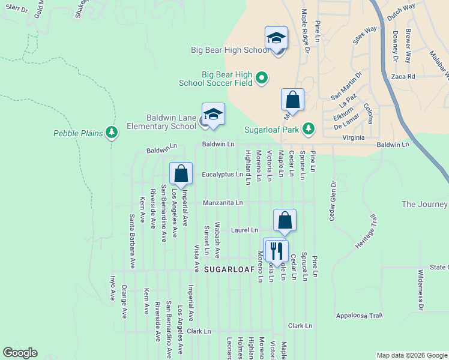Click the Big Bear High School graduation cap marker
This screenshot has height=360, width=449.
click(x=276, y=38)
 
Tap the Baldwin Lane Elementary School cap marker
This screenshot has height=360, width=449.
click(x=213, y=114)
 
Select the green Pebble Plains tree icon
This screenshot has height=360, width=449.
click(x=111, y=132)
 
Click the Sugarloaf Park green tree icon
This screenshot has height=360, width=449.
click(x=309, y=128)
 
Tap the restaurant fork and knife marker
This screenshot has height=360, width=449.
click(x=276, y=249)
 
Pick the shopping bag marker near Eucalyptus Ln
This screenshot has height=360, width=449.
click(x=181, y=174)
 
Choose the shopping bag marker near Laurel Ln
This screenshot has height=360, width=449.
click(x=285, y=220)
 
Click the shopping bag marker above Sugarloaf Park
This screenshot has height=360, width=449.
click(x=292, y=100)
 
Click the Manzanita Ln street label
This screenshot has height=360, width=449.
click(x=223, y=203)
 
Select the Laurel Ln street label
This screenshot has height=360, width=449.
click(x=246, y=230)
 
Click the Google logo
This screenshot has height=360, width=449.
click(x=20, y=353)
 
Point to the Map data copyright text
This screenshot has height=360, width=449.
click(x=411, y=355)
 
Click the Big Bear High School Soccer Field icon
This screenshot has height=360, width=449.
click(x=262, y=77)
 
